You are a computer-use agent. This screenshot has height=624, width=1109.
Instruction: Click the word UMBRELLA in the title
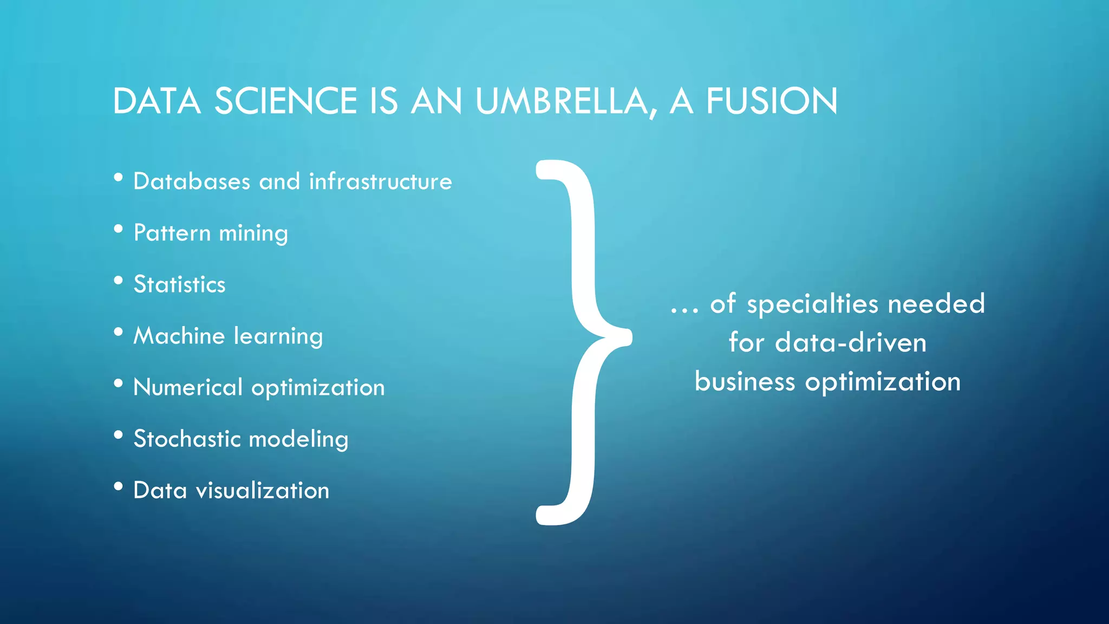[x=565, y=101]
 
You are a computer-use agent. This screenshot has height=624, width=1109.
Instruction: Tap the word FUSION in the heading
[x=772, y=101]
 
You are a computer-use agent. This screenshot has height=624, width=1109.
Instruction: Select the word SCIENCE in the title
[x=286, y=101]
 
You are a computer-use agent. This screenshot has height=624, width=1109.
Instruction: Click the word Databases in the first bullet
[x=192, y=181]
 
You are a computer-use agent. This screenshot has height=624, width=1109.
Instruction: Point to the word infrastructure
[x=380, y=181]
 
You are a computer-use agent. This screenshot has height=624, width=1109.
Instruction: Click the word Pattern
[x=172, y=233]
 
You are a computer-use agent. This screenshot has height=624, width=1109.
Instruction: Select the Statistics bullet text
[x=179, y=284]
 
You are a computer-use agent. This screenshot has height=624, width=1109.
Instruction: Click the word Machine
[x=179, y=336]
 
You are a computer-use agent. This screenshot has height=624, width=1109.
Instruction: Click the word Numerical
[x=188, y=387]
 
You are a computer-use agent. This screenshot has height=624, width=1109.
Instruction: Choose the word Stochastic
[x=187, y=439]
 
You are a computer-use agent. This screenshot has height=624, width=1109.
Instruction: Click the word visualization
[x=263, y=491]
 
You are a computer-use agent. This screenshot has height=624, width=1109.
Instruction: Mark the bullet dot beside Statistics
[x=119, y=281]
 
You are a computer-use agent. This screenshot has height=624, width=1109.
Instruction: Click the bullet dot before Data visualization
[x=119, y=486]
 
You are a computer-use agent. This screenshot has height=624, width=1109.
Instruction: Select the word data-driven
[x=851, y=343]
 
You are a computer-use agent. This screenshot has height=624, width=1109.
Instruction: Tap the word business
[x=745, y=382]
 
